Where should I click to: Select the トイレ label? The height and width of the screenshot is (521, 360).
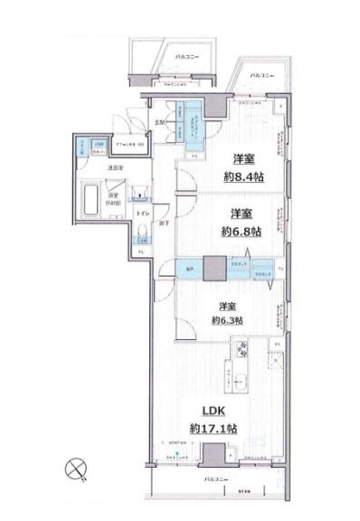[142, 214]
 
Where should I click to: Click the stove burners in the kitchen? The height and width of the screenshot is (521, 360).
[242, 349]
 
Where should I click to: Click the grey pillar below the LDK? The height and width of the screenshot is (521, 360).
[214, 455]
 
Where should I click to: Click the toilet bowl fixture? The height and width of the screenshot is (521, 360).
[142, 237]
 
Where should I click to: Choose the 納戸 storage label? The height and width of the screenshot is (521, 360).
[189, 270]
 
